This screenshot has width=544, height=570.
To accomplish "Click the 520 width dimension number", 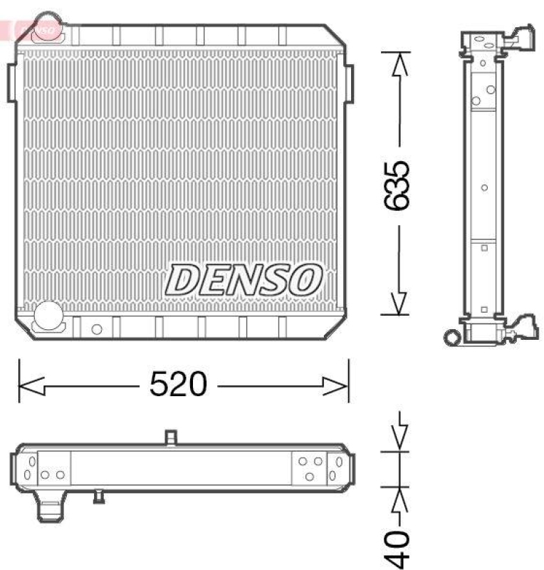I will pyautogui.click(x=177, y=385).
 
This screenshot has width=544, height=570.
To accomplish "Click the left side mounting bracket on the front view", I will pyautogui.click(x=12, y=83).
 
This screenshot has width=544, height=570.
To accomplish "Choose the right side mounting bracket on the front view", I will pyautogui.click(x=349, y=83).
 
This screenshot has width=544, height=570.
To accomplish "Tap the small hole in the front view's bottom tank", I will pyautogui.click(x=96, y=328).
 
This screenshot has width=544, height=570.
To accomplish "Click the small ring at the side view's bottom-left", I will pyautogui.click(x=451, y=336).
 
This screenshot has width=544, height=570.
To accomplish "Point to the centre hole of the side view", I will pyautogui.click(x=484, y=188).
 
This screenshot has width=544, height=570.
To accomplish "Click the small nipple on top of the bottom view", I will pyautogui.click(x=169, y=437).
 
